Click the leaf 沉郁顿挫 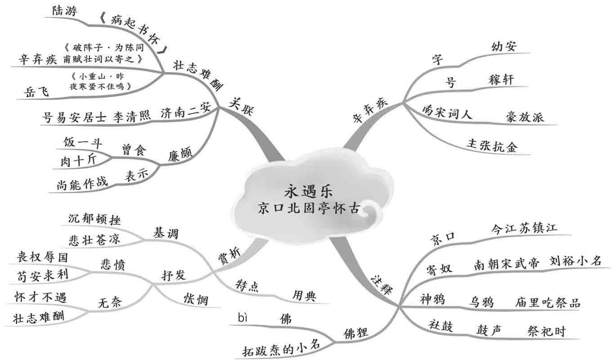pyautogui.click(x=94, y=219)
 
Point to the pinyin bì pyautogui.click(x=243, y=319)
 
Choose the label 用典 pyautogui.click(x=304, y=296)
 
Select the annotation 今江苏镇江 pyautogui.click(x=524, y=228)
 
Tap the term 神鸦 pyautogui.click(x=432, y=299)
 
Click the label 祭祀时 pyautogui.click(x=546, y=332)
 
